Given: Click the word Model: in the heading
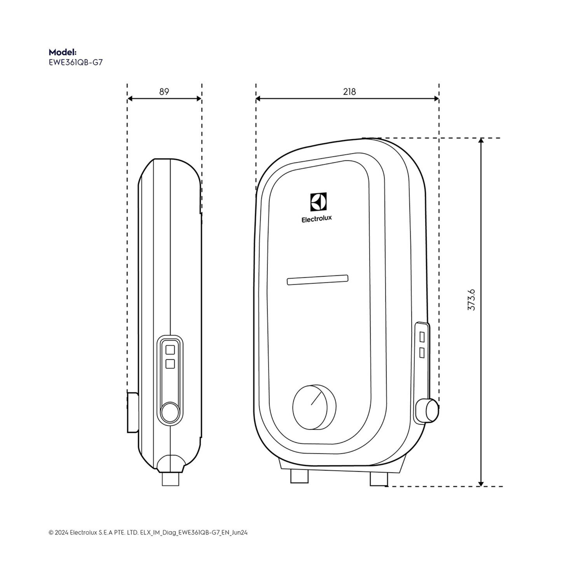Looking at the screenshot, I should tap(62, 52).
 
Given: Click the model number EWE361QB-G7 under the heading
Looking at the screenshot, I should tap(75, 62).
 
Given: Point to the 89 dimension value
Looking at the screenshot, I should tap(164, 92).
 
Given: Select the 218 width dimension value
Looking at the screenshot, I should tap(349, 92).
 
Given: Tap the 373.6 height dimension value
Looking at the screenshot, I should tap(471, 300).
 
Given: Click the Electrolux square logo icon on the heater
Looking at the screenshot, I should tap(318, 202).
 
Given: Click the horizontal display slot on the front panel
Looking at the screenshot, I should tap(317, 280).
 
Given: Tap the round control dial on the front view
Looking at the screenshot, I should tap(314, 407).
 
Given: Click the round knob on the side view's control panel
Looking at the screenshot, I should tap(170, 412).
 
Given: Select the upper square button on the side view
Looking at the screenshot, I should tap(170, 350).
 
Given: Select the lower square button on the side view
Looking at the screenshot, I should tap(170, 364).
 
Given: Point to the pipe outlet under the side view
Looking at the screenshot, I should tap(171, 479).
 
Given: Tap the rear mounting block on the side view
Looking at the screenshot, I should tap(132, 412).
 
